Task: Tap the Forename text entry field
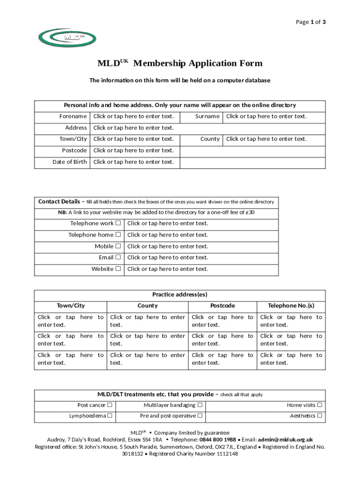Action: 133,116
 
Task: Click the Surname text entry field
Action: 266,116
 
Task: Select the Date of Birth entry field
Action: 133,162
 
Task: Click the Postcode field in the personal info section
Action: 133,151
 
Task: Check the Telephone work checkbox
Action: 118,224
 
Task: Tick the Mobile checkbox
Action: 118,246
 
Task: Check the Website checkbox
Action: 118,269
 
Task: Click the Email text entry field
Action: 167,258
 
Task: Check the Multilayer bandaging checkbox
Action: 200,405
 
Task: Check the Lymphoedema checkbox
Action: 109,416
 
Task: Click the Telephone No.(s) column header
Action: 291,306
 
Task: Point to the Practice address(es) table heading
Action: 180,295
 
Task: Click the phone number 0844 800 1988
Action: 217,440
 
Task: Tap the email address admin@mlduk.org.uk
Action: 285,440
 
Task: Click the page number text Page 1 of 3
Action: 311,22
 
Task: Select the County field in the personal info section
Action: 266,139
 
